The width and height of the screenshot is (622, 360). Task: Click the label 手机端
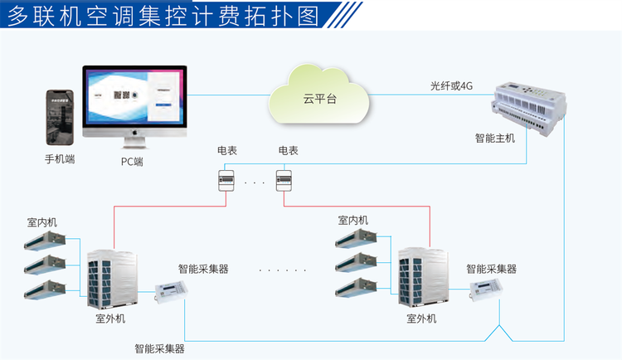point(60,158)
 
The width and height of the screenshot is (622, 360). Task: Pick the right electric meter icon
point(286,179)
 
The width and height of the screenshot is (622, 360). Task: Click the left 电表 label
point(226,151)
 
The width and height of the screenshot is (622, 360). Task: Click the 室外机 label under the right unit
point(421,319)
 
